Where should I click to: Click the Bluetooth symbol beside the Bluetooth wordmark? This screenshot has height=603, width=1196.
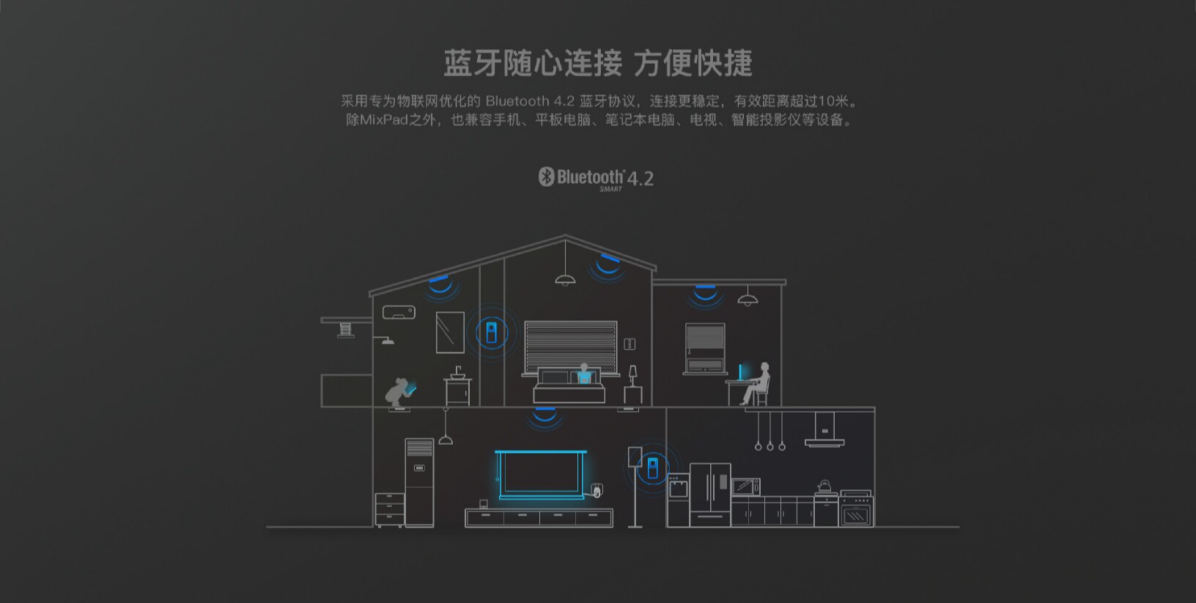point(546,177)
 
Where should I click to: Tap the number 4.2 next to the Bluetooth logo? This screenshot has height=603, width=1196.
point(640,179)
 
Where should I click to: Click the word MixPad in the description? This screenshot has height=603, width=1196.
point(383,119)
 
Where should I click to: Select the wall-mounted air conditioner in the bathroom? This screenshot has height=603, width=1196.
point(399,313)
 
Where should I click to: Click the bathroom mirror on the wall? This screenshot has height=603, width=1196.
point(449,332)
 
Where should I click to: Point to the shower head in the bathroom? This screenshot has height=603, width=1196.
point(385,339)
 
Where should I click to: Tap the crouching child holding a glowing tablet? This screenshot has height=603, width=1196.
point(399,391)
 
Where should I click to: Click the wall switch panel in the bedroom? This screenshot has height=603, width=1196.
point(629,344)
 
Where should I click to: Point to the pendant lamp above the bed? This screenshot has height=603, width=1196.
point(564,278)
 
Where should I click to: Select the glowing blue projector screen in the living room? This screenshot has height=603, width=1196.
point(540,473)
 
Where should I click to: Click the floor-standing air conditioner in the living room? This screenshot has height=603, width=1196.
point(419,481)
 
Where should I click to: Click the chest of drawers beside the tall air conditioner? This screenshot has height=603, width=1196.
point(389,509)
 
